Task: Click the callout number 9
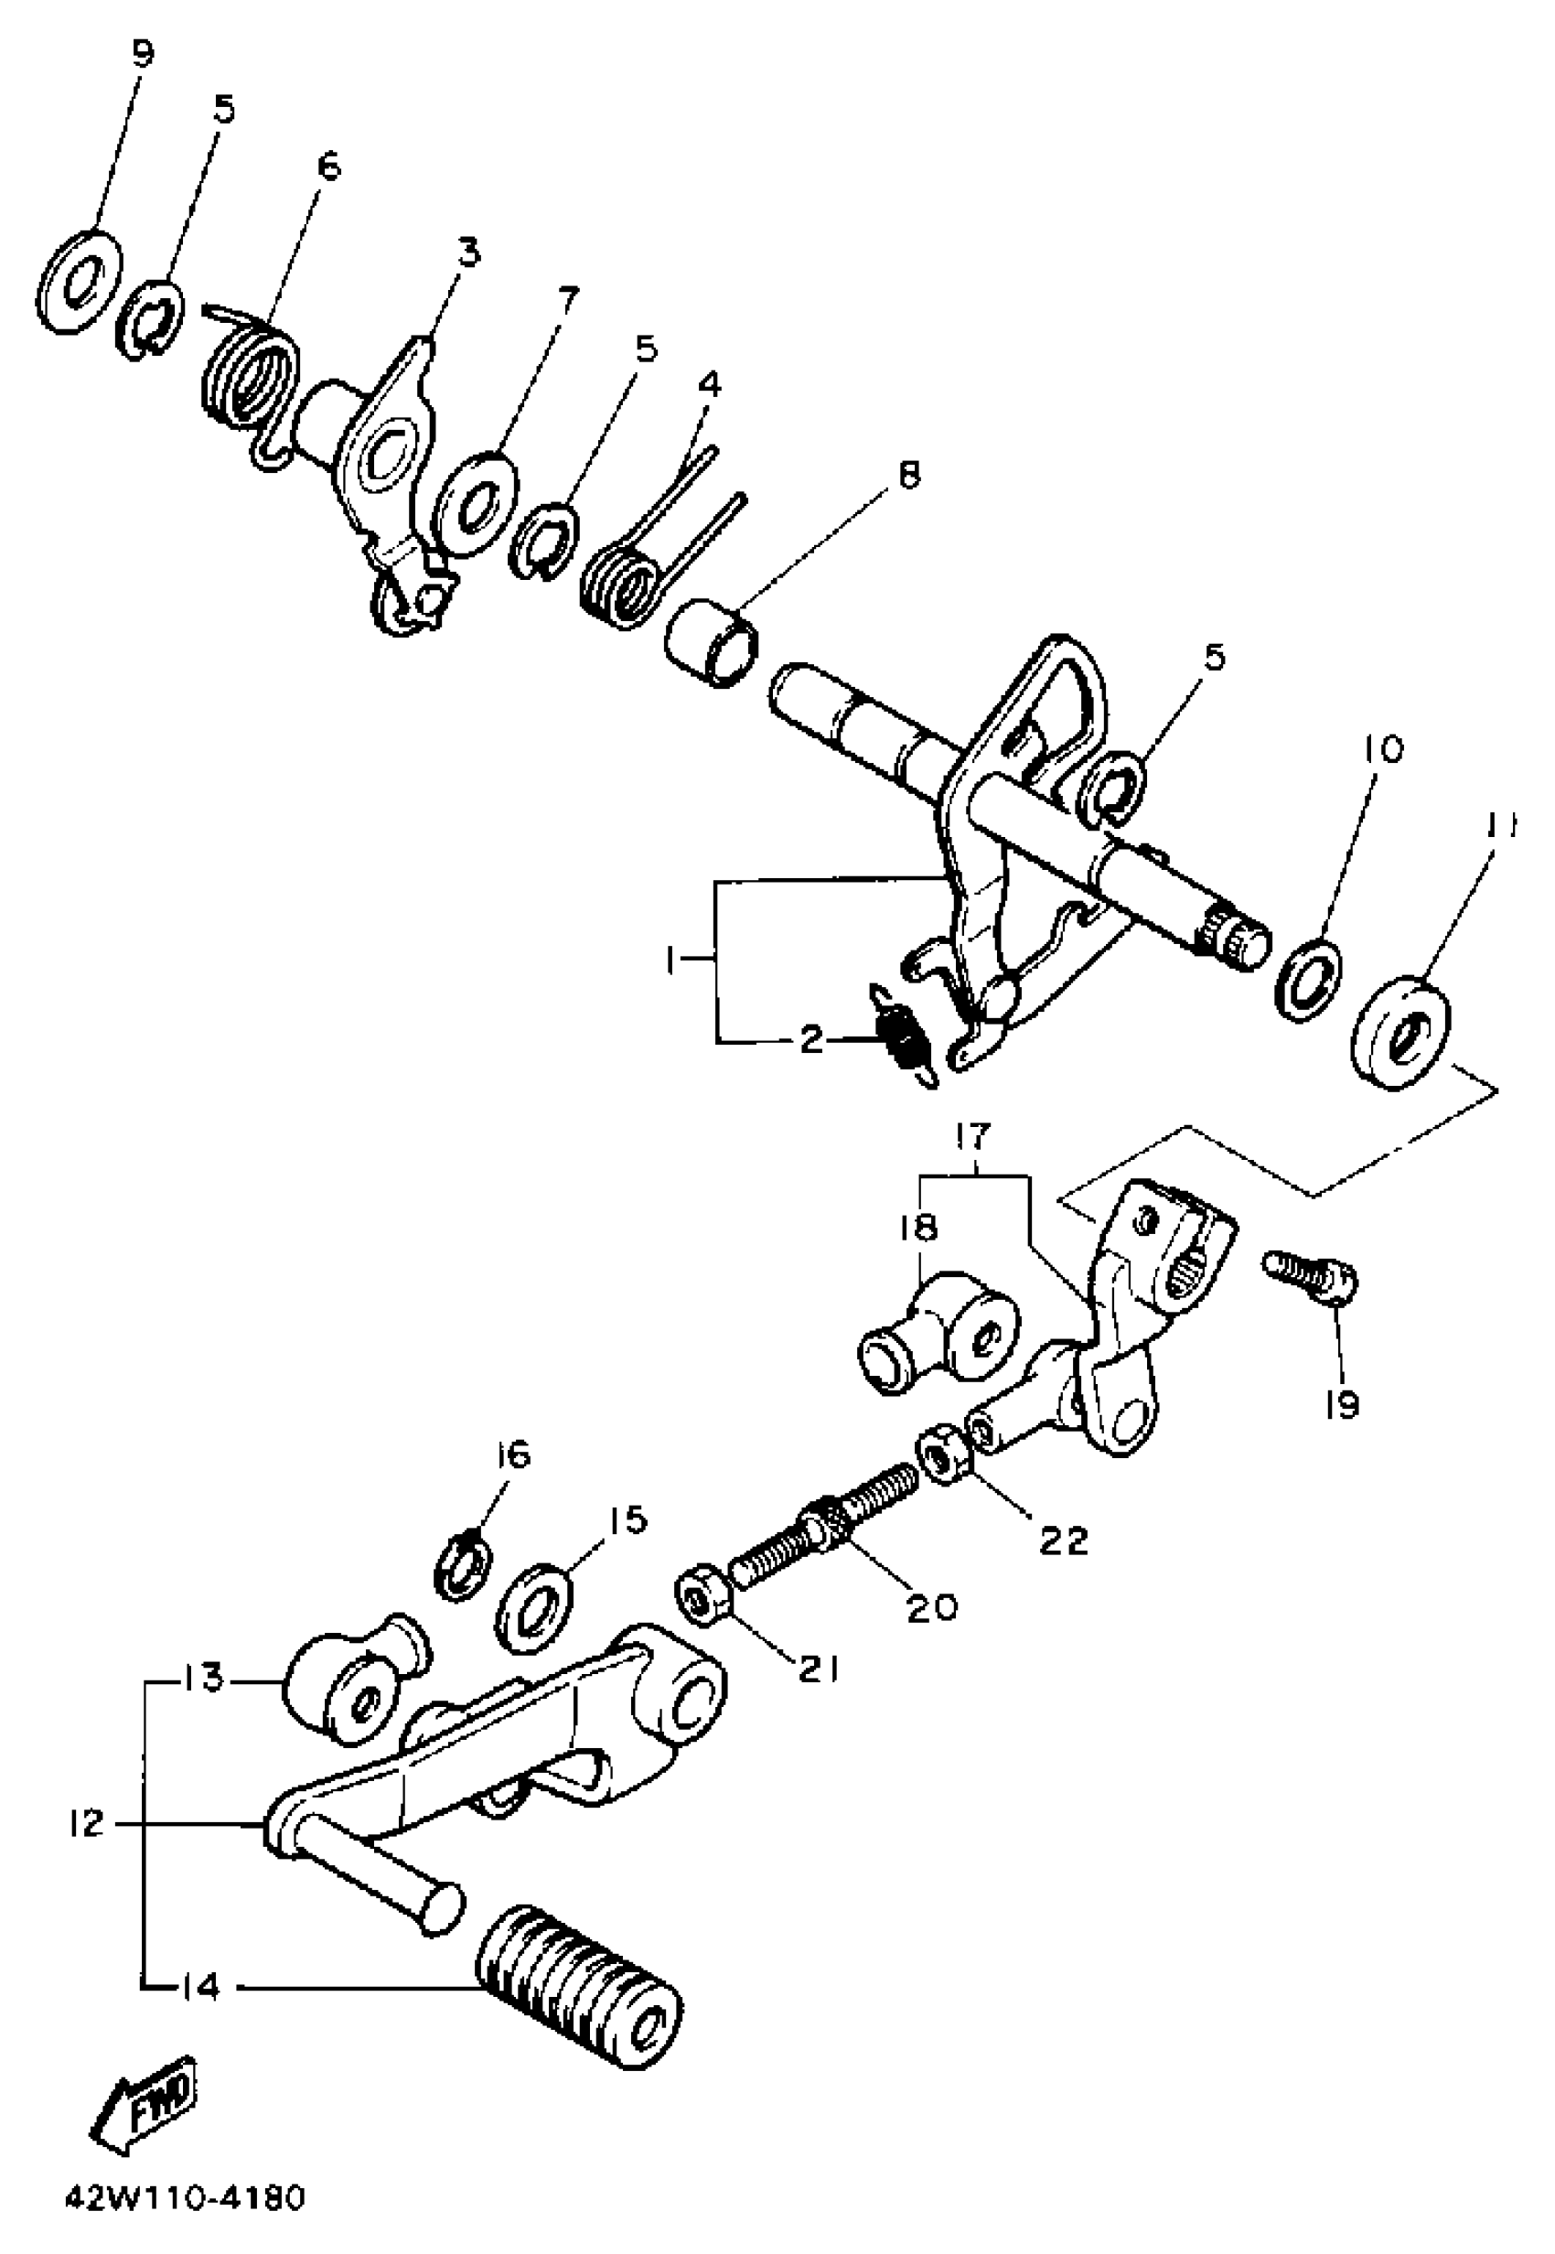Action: tap(144, 55)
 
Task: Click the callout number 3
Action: tap(468, 252)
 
